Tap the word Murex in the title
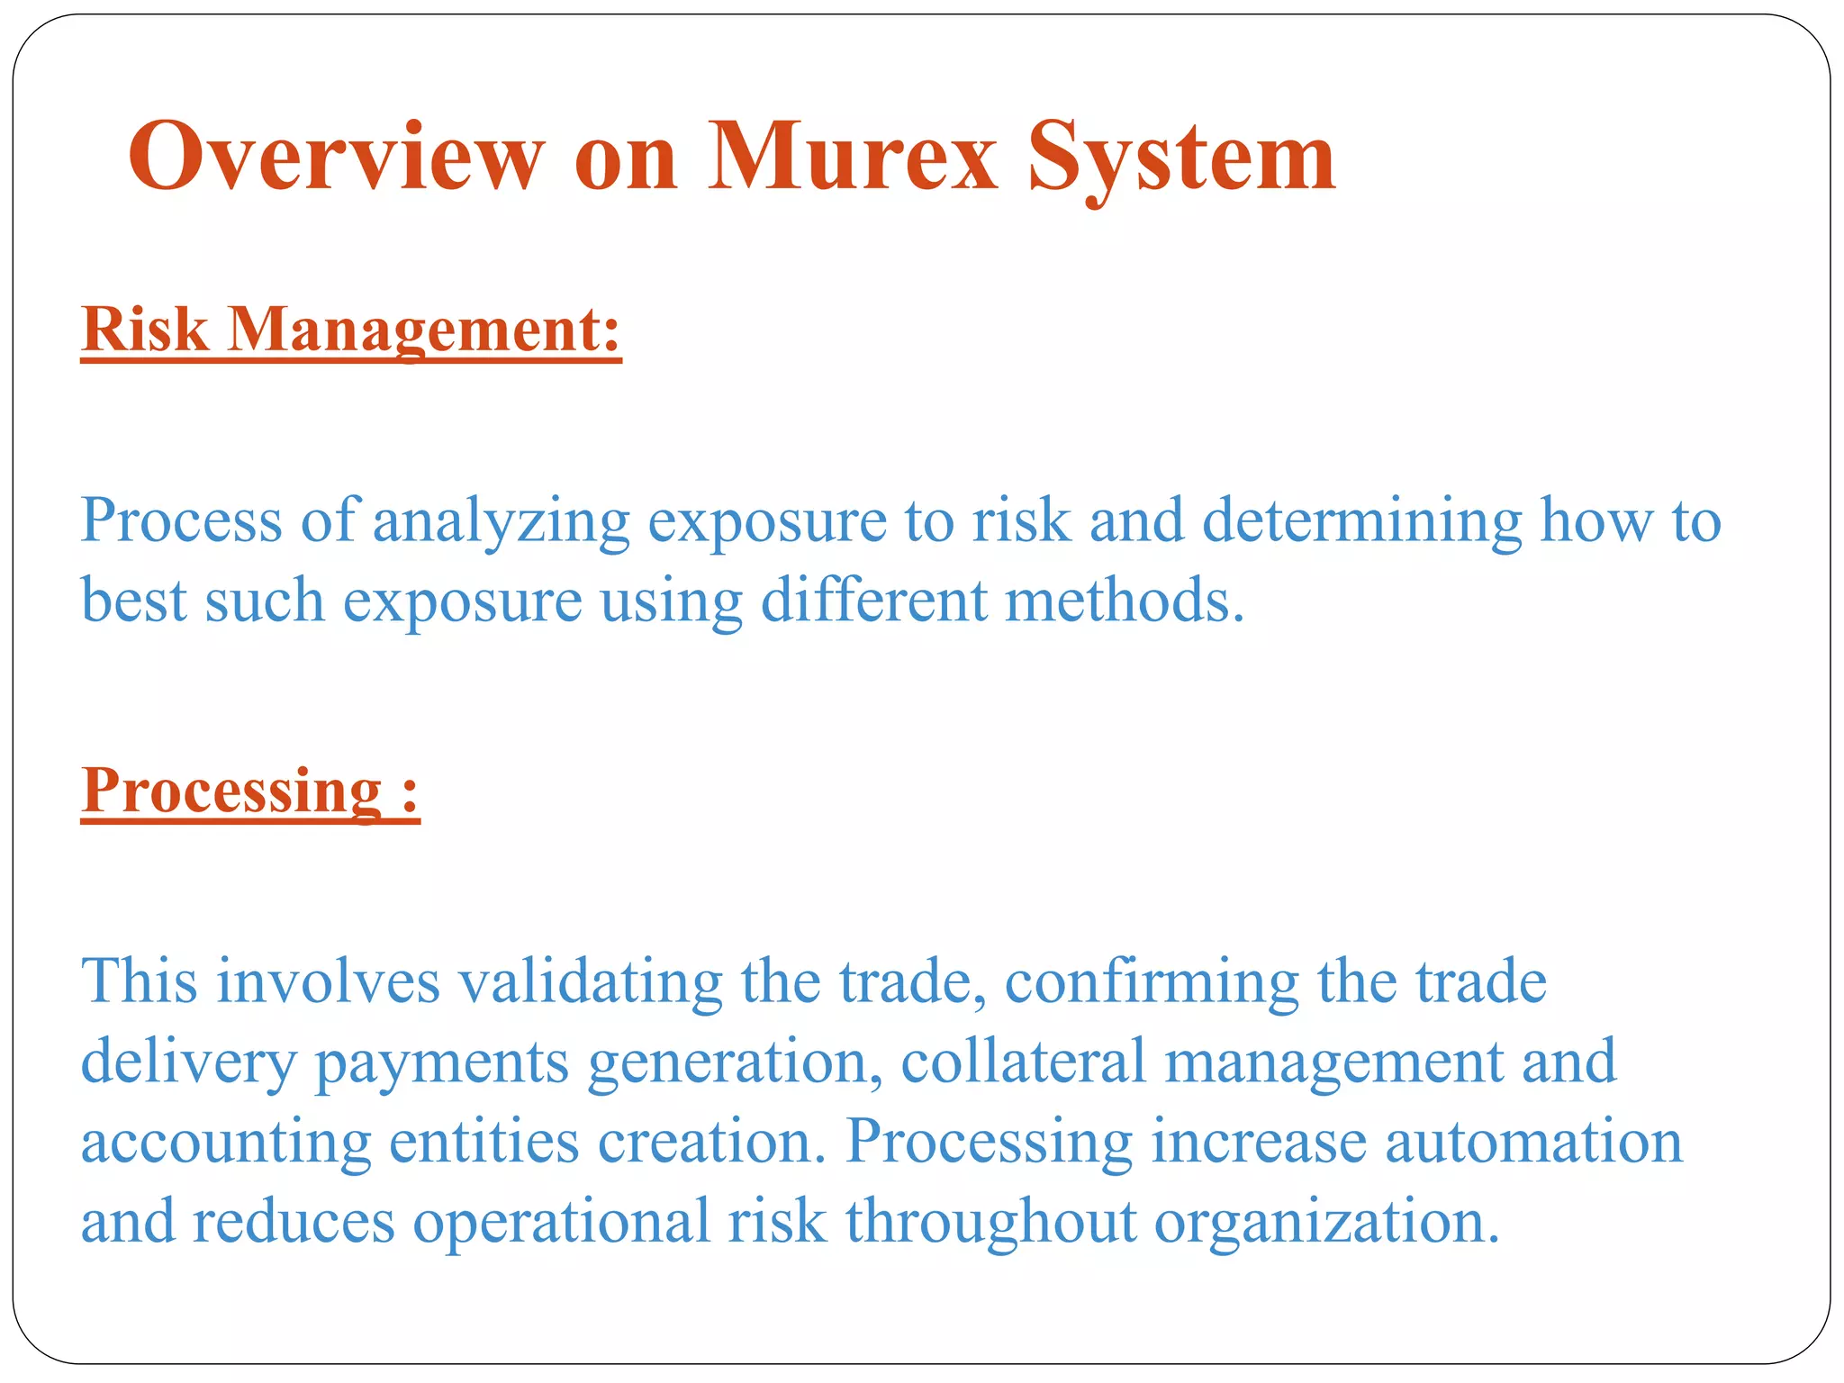[853, 157]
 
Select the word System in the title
[1181, 158]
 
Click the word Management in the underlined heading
[424, 330]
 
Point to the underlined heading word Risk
[145, 330]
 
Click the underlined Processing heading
[232, 791]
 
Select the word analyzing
[501, 521]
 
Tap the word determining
[1362, 521]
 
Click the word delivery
[188, 1062]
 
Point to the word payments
[441, 1062]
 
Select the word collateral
[1023, 1062]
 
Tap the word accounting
[226, 1142]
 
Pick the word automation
[1533, 1142]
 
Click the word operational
[561, 1222]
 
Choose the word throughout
[990, 1222]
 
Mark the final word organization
[1326, 1222]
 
